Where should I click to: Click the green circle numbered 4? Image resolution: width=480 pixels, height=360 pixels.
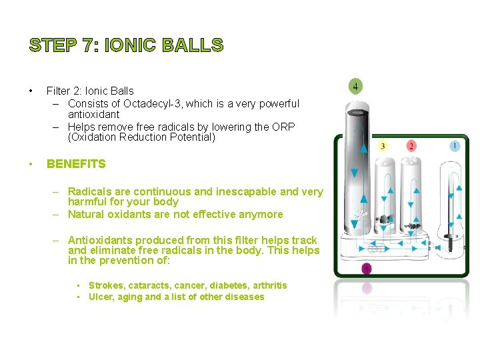click(x=356, y=87)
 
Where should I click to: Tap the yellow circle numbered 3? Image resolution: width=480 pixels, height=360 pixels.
click(x=383, y=146)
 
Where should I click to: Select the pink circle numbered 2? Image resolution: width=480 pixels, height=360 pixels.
click(x=411, y=146)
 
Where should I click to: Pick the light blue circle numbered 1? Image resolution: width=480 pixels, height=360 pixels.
click(x=455, y=145)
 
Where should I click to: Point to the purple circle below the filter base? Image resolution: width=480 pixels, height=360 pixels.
click(x=366, y=268)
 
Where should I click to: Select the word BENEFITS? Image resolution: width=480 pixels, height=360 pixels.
click(x=76, y=163)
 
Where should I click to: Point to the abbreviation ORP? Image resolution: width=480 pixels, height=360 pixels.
click(x=283, y=127)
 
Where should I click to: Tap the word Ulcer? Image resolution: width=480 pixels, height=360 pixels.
click(x=101, y=297)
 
